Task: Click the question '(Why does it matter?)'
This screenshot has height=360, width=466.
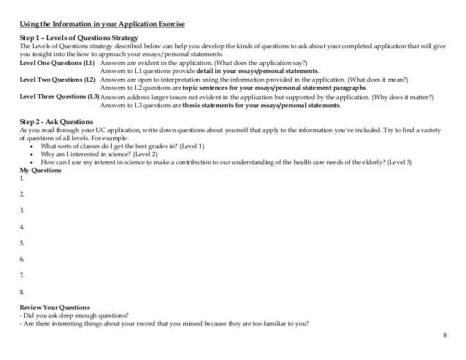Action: click(373, 96)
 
